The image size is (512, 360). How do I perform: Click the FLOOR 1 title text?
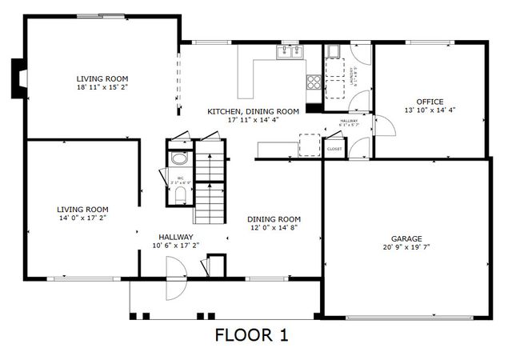coord(252,335)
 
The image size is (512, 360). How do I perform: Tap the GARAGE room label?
coord(406,238)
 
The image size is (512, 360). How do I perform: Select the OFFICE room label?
coord(430,102)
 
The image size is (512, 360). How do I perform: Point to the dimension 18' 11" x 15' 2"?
coord(102,88)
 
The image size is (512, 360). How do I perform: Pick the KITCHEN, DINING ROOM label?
coord(253,111)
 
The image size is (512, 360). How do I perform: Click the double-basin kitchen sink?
coord(290,52)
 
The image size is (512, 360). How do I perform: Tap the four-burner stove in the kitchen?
coord(313,80)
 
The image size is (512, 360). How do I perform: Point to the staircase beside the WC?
coord(210,184)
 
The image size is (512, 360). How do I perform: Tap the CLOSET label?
coord(334,149)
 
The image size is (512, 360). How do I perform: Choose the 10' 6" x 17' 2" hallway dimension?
coord(175,246)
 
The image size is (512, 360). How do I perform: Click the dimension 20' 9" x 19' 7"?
coord(406,247)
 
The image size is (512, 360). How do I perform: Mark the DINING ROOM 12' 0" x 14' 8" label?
coord(274,223)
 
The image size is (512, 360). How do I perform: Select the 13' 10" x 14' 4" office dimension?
coord(430,110)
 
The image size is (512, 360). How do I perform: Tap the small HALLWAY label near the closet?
coord(349,121)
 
